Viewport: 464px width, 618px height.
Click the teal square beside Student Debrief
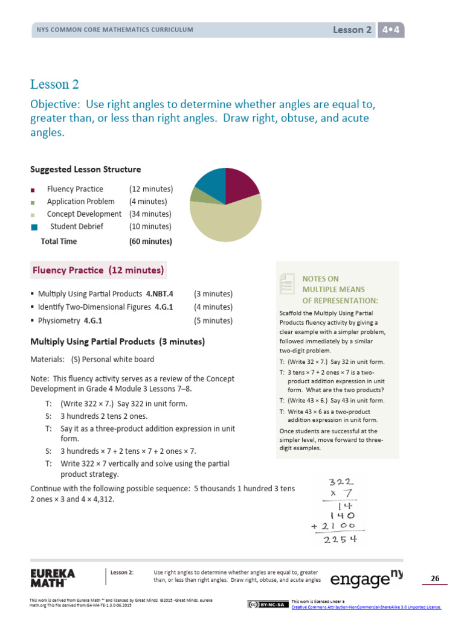(34, 227)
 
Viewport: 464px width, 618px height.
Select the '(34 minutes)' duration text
(150, 214)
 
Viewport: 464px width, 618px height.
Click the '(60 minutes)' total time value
(150, 241)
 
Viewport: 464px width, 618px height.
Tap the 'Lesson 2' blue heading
(54, 84)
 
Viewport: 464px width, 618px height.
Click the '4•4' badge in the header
(391, 30)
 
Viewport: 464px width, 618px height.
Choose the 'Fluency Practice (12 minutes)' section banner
(97, 270)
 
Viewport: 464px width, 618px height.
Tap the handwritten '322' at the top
(341, 482)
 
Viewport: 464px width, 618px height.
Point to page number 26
(434, 579)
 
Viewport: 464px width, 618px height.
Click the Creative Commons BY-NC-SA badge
(266, 604)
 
